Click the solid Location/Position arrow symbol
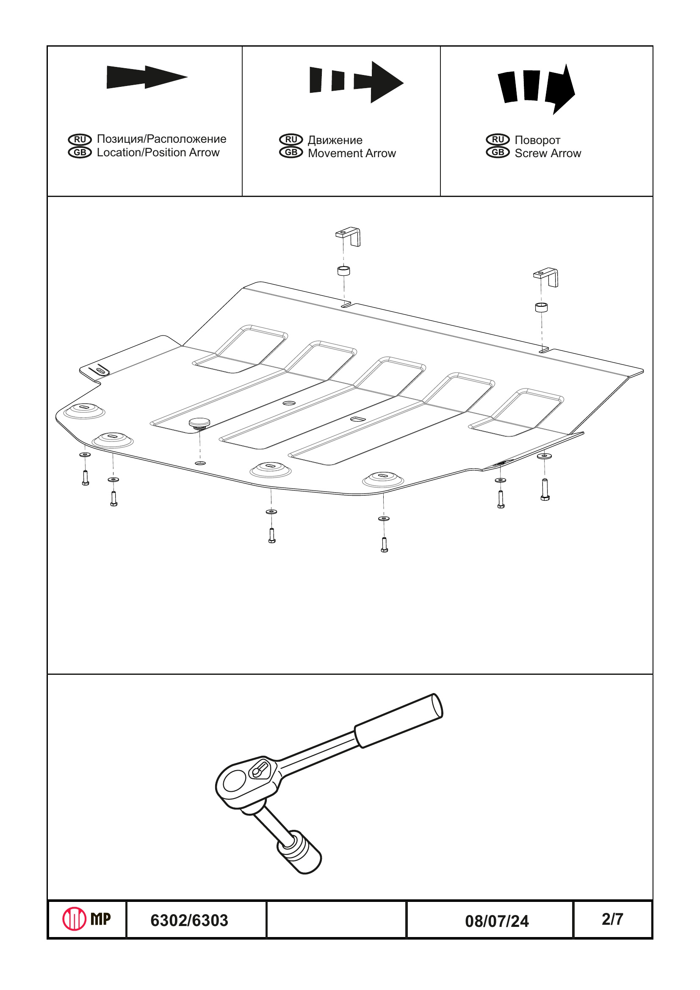click(x=146, y=77)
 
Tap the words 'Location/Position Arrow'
click(x=158, y=153)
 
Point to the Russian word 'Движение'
click(x=335, y=140)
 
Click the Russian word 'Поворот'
click(x=537, y=140)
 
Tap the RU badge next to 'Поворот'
click(x=498, y=140)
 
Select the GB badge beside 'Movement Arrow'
click(x=291, y=153)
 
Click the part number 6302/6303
click(x=189, y=921)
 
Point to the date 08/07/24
click(x=497, y=921)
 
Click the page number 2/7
click(x=612, y=919)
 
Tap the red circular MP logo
click(x=74, y=919)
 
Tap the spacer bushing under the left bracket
click(x=343, y=271)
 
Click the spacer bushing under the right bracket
click(x=541, y=308)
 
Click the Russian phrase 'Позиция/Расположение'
click(x=161, y=139)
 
